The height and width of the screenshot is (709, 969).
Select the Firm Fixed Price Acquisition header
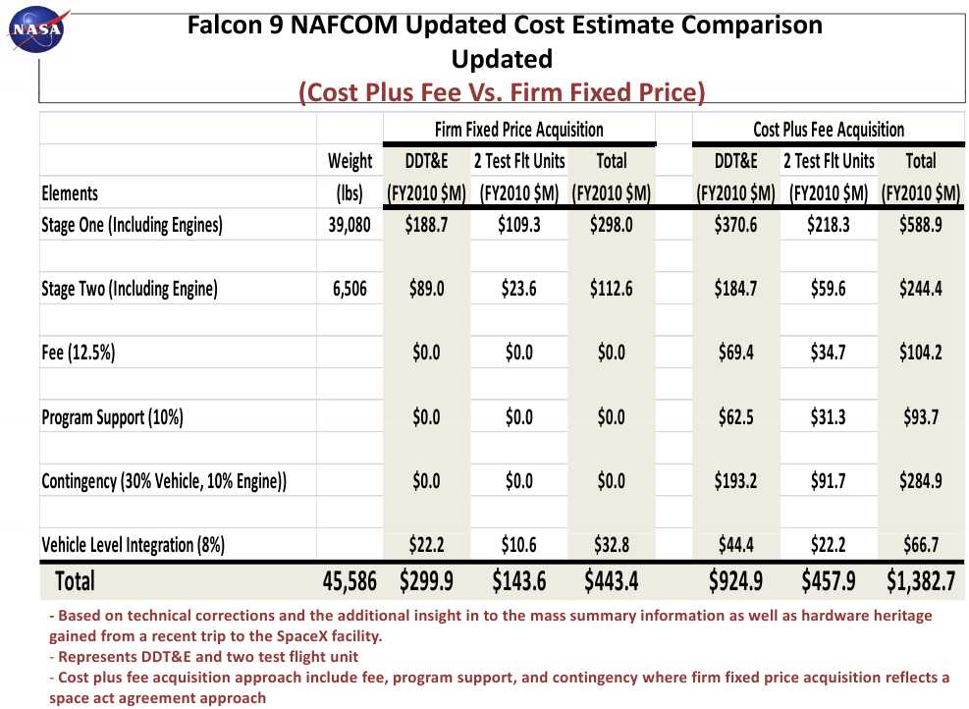(x=518, y=129)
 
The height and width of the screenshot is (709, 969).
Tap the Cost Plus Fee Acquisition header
(x=828, y=129)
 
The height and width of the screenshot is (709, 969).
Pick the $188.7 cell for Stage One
(x=426, y=225)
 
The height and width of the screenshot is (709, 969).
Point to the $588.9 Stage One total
(x=920, y=225)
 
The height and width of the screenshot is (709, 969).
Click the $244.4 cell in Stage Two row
(x=920, y=289)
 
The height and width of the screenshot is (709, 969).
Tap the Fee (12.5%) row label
(x=78, y=353)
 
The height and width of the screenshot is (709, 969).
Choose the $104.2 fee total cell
(x=920, y=353)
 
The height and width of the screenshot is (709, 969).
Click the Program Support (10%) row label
(x=112, y=417)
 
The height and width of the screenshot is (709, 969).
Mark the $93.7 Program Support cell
(x=920, y=417)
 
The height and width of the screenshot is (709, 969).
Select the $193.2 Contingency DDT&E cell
(x=735, y=481)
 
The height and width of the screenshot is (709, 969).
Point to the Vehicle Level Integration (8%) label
(x=133, y=545)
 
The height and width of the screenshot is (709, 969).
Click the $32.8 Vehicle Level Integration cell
(x=611, y=545)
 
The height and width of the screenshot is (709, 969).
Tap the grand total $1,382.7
(x=920, y=581)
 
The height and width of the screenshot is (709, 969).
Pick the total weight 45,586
(x=350, y=581)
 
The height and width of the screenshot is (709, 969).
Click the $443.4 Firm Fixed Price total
(x=611, y=581)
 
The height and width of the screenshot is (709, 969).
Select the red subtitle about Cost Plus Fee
(x=502, y=92)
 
